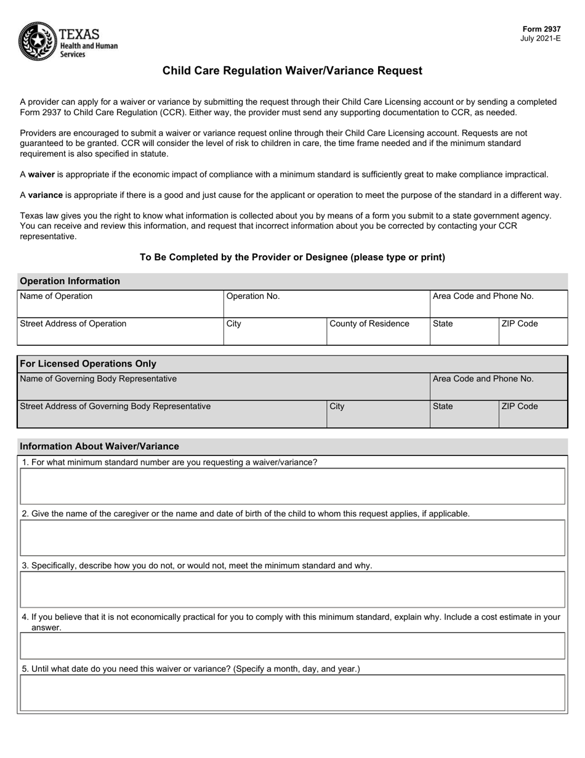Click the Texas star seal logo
point(38,41)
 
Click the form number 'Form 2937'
point(541,29)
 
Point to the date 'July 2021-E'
point(540,39)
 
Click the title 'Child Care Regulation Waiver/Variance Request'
point(292,71)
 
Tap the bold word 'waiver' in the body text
point(41,175)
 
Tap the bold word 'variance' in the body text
point(45,195)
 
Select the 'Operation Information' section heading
point(70,281)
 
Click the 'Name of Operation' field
point(120,304)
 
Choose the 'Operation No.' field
point(326,304)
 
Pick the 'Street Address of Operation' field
point(120,332)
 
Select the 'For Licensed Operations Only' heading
point(88,364)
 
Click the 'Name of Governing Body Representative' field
point(223,386)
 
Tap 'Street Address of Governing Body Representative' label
point(115,406)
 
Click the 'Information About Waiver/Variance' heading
point(99,446)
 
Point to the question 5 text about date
point(190,669)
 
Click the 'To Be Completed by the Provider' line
point(292,258)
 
